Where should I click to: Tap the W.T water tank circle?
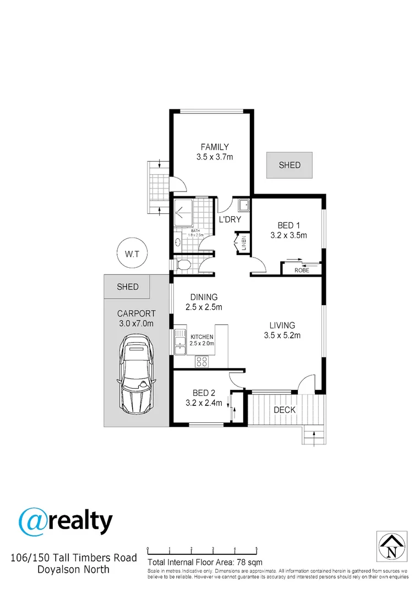coord(132,254)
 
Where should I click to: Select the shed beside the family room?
coord(289,165)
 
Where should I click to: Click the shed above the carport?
coord(127,287)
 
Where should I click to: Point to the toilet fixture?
coord(183,265)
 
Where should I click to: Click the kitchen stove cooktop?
coord(201,361)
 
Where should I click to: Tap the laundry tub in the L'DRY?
coord(243,205)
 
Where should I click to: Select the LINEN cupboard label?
coord(244,243)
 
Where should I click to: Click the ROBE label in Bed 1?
coord(302,270)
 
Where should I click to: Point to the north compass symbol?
coord(392,546)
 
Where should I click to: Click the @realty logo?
coord(66,522)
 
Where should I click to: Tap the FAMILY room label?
coord(215,147)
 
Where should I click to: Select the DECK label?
coord(285,410)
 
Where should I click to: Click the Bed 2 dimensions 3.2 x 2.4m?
coord(204,403)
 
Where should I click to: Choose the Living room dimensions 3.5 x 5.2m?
coord(282,335)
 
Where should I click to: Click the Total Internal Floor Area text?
coord(205,562)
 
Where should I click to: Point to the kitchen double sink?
coord(180,342)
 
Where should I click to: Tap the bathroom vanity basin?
coord(178,242)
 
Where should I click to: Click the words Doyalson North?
coord(74,569)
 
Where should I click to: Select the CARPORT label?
coord(137,313)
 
